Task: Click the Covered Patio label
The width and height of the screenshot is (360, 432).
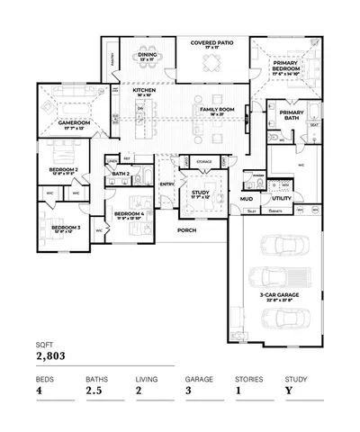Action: pyautogui.click(x=211, y=42)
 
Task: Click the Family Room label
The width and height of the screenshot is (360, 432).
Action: pyautogui.click(x=217, y=110)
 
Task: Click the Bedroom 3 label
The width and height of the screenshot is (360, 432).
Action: pyautogui.click(x=66, y=229)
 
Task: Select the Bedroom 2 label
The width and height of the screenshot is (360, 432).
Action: pyautogui.click(x=63, y=169)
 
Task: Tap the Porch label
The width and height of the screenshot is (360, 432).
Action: pyautogui.click(x=186, y=230)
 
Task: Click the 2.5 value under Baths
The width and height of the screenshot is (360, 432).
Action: pyautogui.click(x=94, y=391)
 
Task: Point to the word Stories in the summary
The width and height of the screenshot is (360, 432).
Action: pyautogui.click(x=248, y=379)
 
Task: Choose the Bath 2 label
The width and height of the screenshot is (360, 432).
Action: pyautogui.click(x=123, y=173)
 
